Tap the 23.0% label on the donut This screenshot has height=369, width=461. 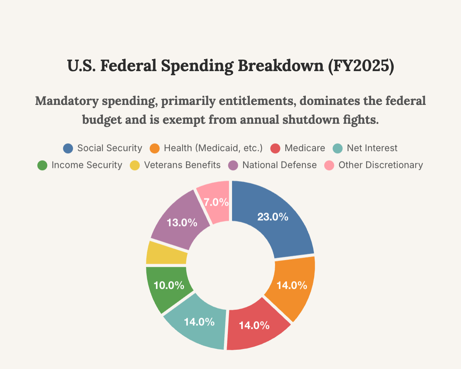click(272, 217)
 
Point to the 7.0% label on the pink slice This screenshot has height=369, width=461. click(216, 202)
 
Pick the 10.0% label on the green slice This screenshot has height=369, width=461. click(168, 285)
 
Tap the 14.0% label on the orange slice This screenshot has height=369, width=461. click(292, 285)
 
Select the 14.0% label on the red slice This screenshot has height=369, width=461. click(254, 326)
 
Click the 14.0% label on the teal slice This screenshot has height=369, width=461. click(199, 322)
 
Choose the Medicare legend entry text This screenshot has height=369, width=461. click(305, 148)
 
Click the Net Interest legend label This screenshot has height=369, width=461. click(372, 148)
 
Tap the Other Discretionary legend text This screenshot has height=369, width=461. click(381, 165)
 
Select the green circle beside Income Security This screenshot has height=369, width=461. click(42, 165)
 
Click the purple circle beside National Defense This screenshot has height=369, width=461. click(234, 165)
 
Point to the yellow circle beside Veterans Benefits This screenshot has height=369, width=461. click(135, 165)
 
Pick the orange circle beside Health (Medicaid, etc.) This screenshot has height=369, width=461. click(154, 148)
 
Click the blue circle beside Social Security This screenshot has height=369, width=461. click(68, 148)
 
